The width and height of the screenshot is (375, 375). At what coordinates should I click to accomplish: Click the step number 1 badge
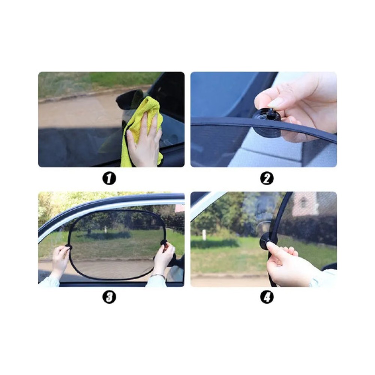[x=109, y=178]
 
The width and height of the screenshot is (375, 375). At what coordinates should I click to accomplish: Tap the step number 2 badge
[x=267, y=178]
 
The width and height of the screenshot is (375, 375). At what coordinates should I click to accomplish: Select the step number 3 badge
[x=109, y=297]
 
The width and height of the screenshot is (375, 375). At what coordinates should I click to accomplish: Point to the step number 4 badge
[x=267, y=297]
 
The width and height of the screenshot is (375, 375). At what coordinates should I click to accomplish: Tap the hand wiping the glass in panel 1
[x=145, y=139]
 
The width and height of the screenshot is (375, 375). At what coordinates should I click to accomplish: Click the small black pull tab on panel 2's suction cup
[x=271, y=112]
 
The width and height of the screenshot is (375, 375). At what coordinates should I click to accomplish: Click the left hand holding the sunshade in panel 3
[x=59, y=261]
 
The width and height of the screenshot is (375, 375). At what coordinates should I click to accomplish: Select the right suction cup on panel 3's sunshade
[x=164, y=243]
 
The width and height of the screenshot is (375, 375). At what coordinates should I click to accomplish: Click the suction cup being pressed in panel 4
[x=266, y=239]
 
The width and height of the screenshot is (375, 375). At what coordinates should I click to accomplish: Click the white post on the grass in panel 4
[x=204, y=235]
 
